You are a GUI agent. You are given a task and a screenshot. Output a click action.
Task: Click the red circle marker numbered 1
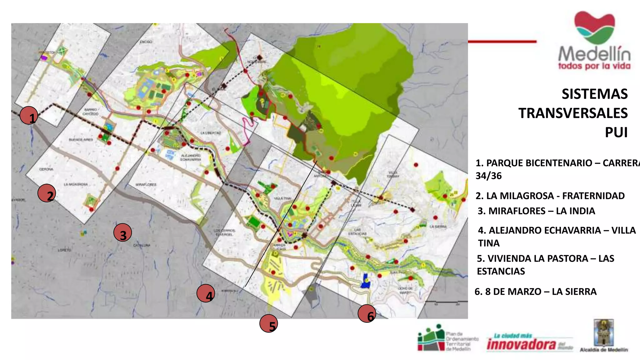(x=29, y=115)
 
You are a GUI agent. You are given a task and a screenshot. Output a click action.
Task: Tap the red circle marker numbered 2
(x=47, y=193)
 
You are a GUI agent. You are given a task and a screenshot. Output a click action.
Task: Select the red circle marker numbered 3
(x=122, y=233)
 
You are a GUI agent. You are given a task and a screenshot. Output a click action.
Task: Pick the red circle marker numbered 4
(x=206, y=293)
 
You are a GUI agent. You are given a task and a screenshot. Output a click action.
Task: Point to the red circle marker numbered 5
(x=269, y=323)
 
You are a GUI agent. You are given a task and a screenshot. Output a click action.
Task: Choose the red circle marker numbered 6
(x=367, y=313)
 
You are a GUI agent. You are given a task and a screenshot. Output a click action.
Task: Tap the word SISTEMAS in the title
(x=594, y=94)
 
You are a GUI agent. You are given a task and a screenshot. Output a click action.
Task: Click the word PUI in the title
(x=616, y=132)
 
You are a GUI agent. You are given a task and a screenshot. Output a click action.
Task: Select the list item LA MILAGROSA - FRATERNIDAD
(x=550, y=196)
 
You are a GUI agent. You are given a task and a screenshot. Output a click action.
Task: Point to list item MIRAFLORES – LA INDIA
(x=536, y=211)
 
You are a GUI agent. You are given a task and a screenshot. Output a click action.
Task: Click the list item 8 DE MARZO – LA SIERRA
(x=536, y=292)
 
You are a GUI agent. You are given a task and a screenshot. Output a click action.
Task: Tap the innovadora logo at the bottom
(x=529, y=343)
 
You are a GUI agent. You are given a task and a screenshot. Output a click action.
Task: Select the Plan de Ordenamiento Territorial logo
(x=447, y=338)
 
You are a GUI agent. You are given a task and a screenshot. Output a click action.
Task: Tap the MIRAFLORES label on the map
(x=146, y=185)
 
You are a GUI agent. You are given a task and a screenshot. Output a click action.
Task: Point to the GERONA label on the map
(x=46, y=169)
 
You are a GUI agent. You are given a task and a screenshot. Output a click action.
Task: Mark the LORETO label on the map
(x=64, y=250)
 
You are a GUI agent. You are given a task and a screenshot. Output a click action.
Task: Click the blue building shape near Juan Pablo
(x=365, y=281)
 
